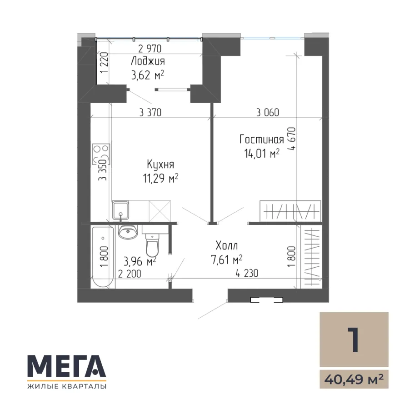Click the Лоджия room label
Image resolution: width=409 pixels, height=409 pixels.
(148, 61)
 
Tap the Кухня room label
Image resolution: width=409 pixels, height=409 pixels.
(160, 165)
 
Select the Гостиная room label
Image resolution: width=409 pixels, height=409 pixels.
(262, 140)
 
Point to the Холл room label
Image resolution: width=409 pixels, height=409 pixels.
(227, 245)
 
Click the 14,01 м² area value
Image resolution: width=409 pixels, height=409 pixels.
(262, 154)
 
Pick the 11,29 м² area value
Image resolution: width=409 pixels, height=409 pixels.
(160, 179)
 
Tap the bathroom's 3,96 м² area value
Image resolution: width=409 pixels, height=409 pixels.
(140, 261)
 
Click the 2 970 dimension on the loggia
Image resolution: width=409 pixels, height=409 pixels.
(150, 49)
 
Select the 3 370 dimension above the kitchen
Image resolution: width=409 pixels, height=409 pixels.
(150, 112)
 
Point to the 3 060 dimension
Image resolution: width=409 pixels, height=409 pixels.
(268, 112)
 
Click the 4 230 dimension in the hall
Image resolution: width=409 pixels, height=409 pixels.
(247, 274)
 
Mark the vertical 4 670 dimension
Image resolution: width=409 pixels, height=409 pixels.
(291, 139)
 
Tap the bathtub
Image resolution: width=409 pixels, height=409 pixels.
(103, 257)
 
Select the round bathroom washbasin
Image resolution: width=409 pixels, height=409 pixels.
(128, 232)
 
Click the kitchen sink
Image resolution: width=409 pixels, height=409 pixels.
(120, 210)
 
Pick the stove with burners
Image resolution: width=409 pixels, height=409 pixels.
(101, 154)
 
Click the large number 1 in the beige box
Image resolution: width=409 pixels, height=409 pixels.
(354, 339)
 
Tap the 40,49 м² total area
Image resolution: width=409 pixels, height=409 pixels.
(354, 379)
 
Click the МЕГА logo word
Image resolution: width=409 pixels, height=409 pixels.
(67, 366)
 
